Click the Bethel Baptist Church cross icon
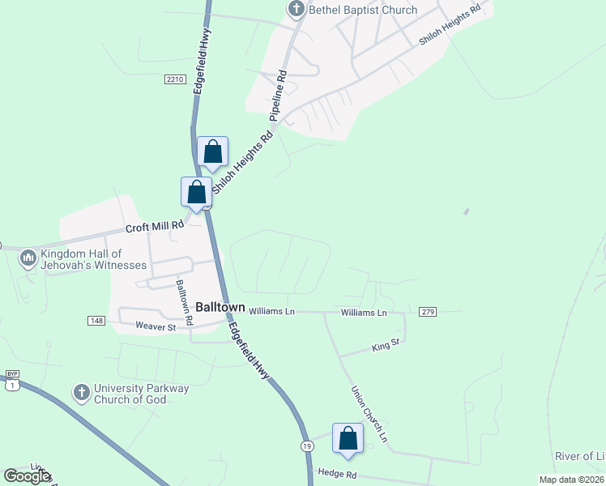click(296, 10)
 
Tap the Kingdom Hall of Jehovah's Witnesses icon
click(28, 258)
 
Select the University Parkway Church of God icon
click(81, 393)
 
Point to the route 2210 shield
click(174, 79)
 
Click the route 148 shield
click(96, 321)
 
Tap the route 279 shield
click(429, 312)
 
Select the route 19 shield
click(307, 446)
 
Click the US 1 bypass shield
click(12, 381)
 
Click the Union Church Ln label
click(369, 413)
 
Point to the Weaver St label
click(156, 326)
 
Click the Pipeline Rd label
click(279, 96)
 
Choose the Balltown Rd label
click(185, 303)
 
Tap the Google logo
click(27, 476)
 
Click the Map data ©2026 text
click(571, 479)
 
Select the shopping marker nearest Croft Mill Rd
click(196, 193)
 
